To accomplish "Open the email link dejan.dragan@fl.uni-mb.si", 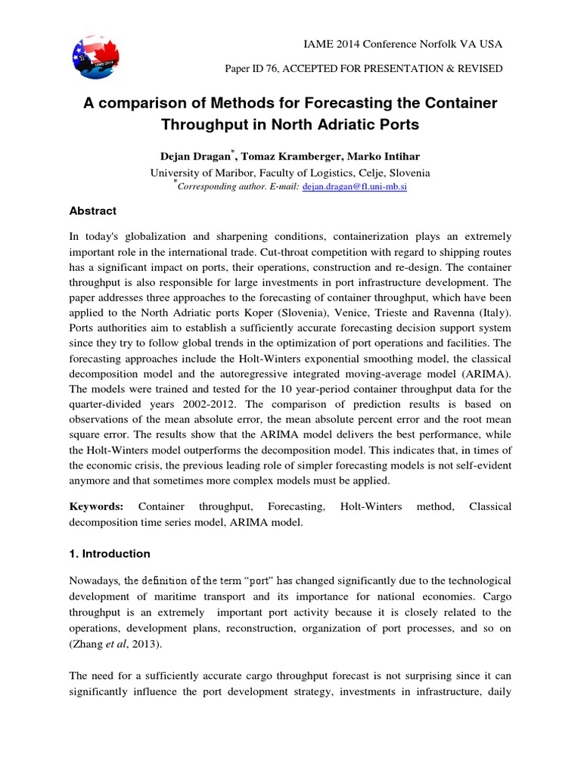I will click(x=355, y=186).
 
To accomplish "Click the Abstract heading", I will click(x=93, y=211).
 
